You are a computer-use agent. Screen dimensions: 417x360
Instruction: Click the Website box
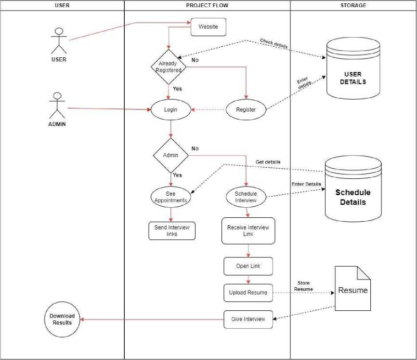(208, 27)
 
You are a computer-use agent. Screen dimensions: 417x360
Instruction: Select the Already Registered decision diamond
(169, 67)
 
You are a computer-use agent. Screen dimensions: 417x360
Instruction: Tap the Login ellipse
(171, 109)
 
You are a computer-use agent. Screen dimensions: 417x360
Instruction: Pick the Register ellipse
(246, 109)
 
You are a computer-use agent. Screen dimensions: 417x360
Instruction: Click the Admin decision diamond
(171, 155)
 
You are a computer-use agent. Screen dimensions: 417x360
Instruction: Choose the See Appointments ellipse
(171, 197)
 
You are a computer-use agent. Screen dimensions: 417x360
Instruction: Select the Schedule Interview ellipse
(246, 197)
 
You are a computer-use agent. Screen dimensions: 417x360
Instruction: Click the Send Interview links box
(172, 231)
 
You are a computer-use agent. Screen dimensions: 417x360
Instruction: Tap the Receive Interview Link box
(248, 231)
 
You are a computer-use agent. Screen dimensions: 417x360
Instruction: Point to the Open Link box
(248, 266)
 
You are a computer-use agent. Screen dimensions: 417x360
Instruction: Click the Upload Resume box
(248, 293)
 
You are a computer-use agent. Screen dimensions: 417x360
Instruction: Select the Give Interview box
(248, 320)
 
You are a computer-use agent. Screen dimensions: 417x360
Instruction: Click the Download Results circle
(62, 320)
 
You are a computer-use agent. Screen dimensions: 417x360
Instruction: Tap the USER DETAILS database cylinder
(353, 68)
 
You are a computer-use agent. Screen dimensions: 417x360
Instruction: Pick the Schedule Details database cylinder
(353, 188)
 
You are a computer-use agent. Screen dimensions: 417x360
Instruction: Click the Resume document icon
(352, 288)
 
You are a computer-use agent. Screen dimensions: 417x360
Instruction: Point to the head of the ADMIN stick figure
(57, 96)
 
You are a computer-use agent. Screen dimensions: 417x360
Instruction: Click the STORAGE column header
(353, 5)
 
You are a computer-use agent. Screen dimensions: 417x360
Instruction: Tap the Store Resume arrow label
(303, 286)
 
